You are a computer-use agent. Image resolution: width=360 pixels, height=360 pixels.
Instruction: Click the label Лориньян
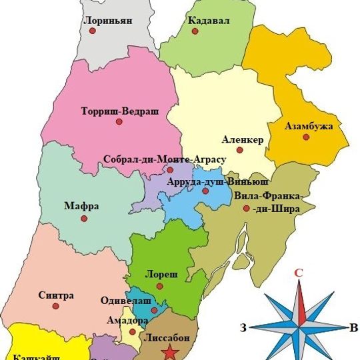[x=107, y=21]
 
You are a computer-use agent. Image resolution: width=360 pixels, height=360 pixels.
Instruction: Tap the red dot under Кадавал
[x=195, y=31]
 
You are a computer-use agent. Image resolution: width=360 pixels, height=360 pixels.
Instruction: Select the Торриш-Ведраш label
[x=119, y=110]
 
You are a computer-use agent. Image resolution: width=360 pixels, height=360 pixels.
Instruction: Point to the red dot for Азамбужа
[x=306, y=137]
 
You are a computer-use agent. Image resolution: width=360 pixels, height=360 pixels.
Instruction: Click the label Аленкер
[x=243, y=139]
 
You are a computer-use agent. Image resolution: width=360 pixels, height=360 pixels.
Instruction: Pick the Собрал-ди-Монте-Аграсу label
[x=165, y=160]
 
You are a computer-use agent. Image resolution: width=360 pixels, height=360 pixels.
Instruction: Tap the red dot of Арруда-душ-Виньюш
[x=205, y=191]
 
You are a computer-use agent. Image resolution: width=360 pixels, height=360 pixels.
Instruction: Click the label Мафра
[x=82, y=206]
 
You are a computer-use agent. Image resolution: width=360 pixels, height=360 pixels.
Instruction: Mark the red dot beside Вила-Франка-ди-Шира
[x=247, y=209]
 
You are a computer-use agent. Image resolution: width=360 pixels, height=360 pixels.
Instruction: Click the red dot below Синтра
[x=56, y=307]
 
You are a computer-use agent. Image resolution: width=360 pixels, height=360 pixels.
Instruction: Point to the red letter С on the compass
[x=299, y=272]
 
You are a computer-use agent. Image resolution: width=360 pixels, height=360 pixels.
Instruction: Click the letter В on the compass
[x=353, y=327]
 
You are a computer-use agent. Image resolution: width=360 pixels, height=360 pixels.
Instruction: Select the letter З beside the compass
[x=244, y=327]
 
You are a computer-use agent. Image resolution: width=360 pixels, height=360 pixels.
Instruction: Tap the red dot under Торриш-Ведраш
[x=119, y=122]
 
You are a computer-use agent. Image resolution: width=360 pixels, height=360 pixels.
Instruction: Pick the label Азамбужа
[x=309, y=125]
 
